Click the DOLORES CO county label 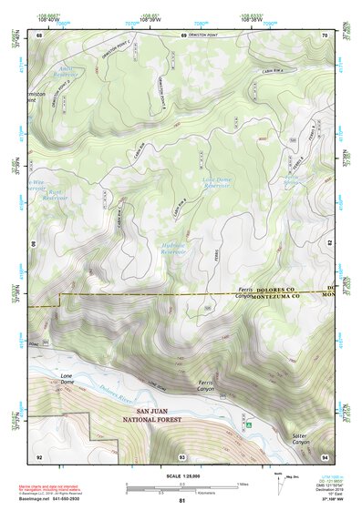(x=274, y=289)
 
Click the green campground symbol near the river (x=247, y=423)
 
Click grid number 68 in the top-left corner (x=39, y=36)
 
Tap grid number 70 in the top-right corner (x=324, y=36)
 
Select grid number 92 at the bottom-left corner (x=39, y=455)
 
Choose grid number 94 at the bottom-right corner (x=324, y=455)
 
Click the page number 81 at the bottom (x=181, y=501)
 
